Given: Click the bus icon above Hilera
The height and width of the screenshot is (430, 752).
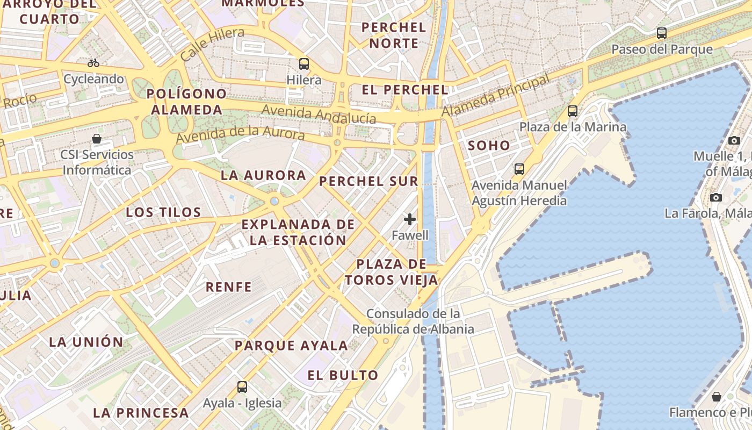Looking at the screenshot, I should [x=304, y=64].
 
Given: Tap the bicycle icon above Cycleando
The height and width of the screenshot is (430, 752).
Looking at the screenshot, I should [x=93, y=63].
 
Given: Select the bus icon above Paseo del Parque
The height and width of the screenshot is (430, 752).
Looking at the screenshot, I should [x=662, y=33].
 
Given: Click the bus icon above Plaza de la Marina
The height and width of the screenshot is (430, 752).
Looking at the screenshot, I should [x=573, y=111].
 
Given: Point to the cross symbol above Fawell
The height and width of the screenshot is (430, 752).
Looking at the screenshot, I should [x=410, y=219].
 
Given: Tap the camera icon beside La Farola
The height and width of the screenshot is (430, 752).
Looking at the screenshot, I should [x=715, y=197].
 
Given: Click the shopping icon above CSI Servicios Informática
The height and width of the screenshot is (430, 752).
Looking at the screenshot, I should [x=97, y=139].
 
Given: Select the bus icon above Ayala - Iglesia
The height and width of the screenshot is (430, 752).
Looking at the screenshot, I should [x=242, y=386].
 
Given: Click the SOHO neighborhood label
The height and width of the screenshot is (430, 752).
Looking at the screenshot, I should [x=489, y=145].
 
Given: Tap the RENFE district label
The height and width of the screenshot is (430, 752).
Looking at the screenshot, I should [x=229, y=287].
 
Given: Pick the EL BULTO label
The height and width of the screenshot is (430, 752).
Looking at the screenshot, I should [x=343, y=375].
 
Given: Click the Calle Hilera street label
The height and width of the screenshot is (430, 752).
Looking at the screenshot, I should [x=212, y=44].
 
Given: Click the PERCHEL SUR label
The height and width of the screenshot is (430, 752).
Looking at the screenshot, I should [x=368, y=181].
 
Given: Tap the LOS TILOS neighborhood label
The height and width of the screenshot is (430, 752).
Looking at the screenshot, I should [x=163, y=212].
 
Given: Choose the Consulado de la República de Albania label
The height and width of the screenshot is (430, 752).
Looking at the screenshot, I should [x=413, y=321].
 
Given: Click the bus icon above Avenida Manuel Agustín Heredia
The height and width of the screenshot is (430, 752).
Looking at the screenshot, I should [x=519, y=169].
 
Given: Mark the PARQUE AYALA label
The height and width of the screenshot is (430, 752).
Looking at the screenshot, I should [x=291, y=346].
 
